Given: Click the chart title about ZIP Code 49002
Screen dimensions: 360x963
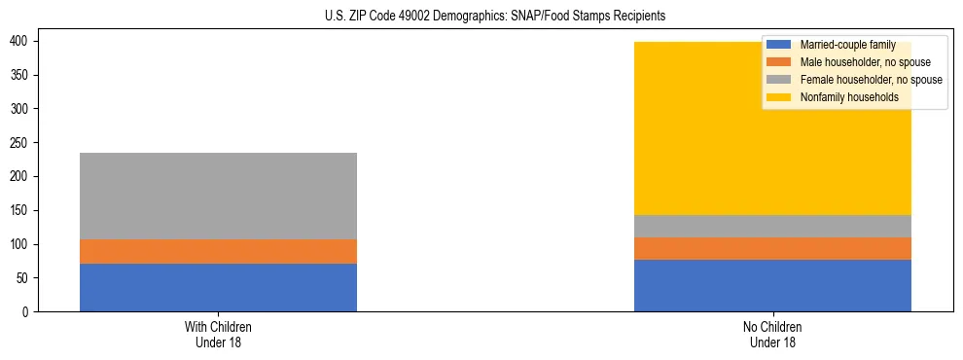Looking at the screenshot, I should (481, 17).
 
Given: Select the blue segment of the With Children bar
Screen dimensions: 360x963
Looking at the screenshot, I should (218, 287).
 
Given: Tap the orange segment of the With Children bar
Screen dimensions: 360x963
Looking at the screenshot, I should (218, 251).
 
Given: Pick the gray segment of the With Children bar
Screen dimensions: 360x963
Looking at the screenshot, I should (218, 196).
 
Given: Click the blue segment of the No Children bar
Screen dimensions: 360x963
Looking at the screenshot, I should (772, 285).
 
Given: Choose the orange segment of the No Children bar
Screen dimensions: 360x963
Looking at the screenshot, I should (772, 248).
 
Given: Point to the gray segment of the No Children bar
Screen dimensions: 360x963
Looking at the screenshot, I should (772, 226).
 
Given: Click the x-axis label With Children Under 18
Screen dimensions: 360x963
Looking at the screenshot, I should (218, 334).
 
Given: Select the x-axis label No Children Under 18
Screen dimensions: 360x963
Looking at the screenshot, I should (772, 334).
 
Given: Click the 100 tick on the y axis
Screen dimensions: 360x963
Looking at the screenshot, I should (21, 244).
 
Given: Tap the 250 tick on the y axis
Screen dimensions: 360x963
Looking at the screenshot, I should (21, 143).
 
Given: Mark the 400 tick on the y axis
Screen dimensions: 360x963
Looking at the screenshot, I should (21, 41).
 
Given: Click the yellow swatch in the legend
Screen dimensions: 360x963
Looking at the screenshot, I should (779, 97).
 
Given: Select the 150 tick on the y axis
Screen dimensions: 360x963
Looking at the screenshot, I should (21, 210).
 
